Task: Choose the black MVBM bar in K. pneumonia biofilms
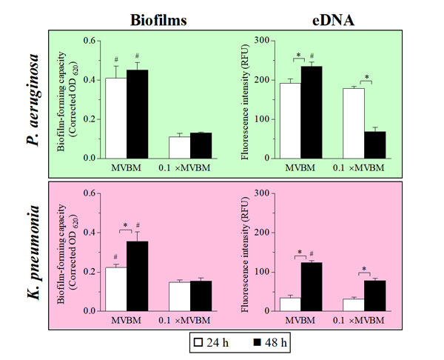(137, 277)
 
